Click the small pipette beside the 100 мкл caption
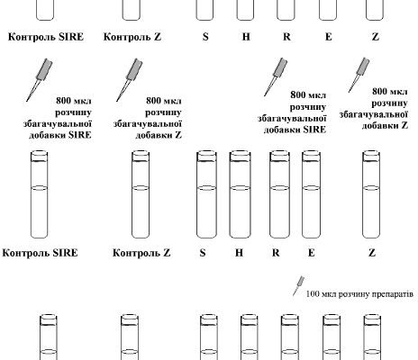click(x=299, y=286)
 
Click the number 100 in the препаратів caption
click(x=313, y=294)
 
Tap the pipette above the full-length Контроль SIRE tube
click(x=40, y=79)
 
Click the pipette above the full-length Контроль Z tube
click(x=130, y=80)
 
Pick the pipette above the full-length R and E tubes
click(x=276, y=76)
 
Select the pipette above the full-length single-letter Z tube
click(x=359, y=75)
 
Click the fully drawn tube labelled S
click(x=206, y=194)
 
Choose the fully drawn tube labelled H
click(x=240, y=194)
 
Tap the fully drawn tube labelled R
click(x=279, y=194)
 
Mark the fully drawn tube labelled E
click(x=312, y=194)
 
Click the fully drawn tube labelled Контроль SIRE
click(x=40, y=194)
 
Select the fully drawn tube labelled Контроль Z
click(x=141, y=194)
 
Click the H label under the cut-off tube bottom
click(x=246, y=37)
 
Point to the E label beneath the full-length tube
click(x=312, y=253)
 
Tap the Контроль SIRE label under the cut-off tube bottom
click(x=46, y=37)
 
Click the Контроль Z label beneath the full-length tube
click(x=141, y=253)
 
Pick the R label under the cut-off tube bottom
click(x=286, y=37)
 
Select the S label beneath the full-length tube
click(x=203, y=253)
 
